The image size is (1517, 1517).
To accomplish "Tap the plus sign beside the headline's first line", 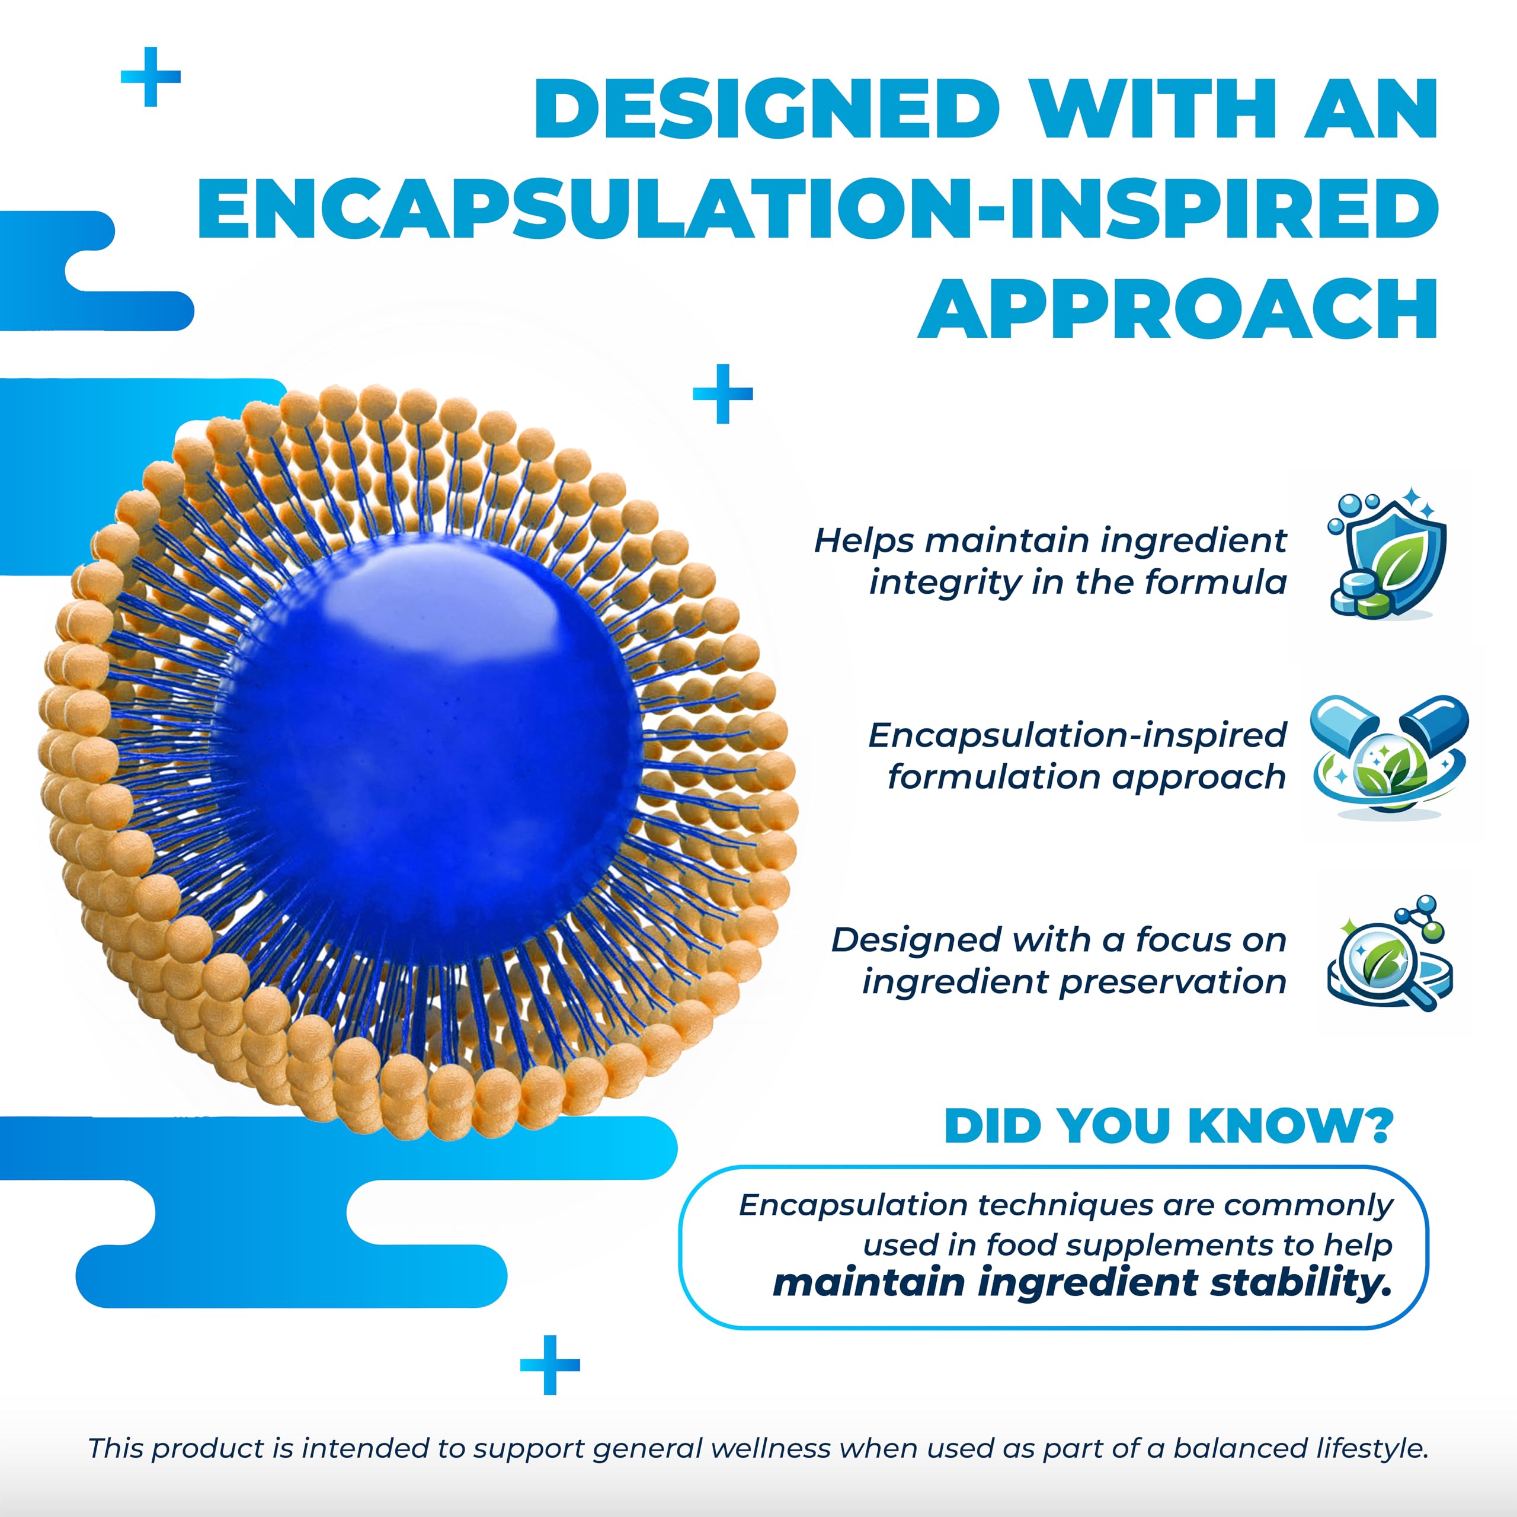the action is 151,76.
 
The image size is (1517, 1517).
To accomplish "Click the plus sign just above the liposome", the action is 722,393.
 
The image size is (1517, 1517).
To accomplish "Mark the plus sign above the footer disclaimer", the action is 550,1365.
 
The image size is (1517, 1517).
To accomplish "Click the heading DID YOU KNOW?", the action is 1169,1126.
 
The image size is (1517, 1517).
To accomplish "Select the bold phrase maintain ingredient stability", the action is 1083,1283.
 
